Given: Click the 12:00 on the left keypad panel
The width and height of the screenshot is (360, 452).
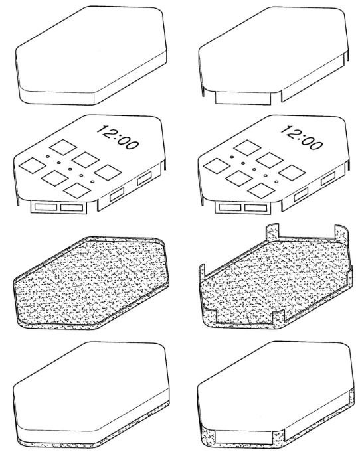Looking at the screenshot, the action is (118, 137).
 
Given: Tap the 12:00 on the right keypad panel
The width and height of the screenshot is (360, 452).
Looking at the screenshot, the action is (302, 137).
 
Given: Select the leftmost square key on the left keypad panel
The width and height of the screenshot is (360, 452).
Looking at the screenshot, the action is (33, 165).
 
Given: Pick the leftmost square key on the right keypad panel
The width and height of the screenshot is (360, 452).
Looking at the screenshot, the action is (217, 166).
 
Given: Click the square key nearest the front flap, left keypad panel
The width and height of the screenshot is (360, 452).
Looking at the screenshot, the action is (77, 190).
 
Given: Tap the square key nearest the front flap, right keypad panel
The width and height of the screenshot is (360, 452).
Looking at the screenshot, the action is (261, 190).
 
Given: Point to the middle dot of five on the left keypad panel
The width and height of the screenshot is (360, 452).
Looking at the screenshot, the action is (70, 169).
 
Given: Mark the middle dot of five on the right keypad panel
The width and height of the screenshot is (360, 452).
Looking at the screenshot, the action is (254, 169).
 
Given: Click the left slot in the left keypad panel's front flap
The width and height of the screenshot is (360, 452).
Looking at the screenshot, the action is (46, 207).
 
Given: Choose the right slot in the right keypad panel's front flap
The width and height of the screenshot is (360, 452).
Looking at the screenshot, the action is (256, 208).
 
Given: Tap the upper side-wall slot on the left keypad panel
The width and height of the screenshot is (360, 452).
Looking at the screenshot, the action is (144, 178).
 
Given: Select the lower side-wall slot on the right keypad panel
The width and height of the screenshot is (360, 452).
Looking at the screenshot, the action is (301, 194).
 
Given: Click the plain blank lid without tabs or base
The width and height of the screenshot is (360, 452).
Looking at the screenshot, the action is (91, 55).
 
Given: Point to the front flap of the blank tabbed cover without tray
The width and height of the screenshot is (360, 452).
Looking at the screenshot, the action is (243, 98).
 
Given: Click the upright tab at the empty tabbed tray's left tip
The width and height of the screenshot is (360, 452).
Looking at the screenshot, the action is (202, 271).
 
